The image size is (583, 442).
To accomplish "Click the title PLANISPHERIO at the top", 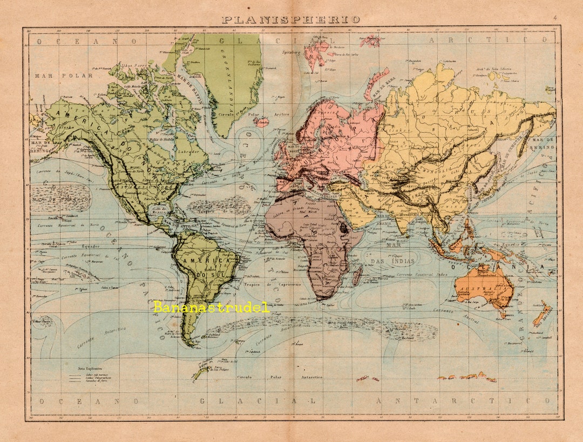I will [x=291, y=19].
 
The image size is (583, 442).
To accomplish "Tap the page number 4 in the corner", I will [x=554, y=18].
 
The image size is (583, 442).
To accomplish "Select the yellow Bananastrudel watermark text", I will [x=211, y=307].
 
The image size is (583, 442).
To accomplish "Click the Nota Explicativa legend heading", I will [x=90, y=367].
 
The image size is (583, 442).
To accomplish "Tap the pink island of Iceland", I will [x=263, y=122].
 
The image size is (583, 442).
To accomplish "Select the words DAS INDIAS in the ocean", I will [x=392, y=262].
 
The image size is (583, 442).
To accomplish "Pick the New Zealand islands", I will [x=542, y=314].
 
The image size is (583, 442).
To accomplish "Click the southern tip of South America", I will [x=188, y=343].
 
